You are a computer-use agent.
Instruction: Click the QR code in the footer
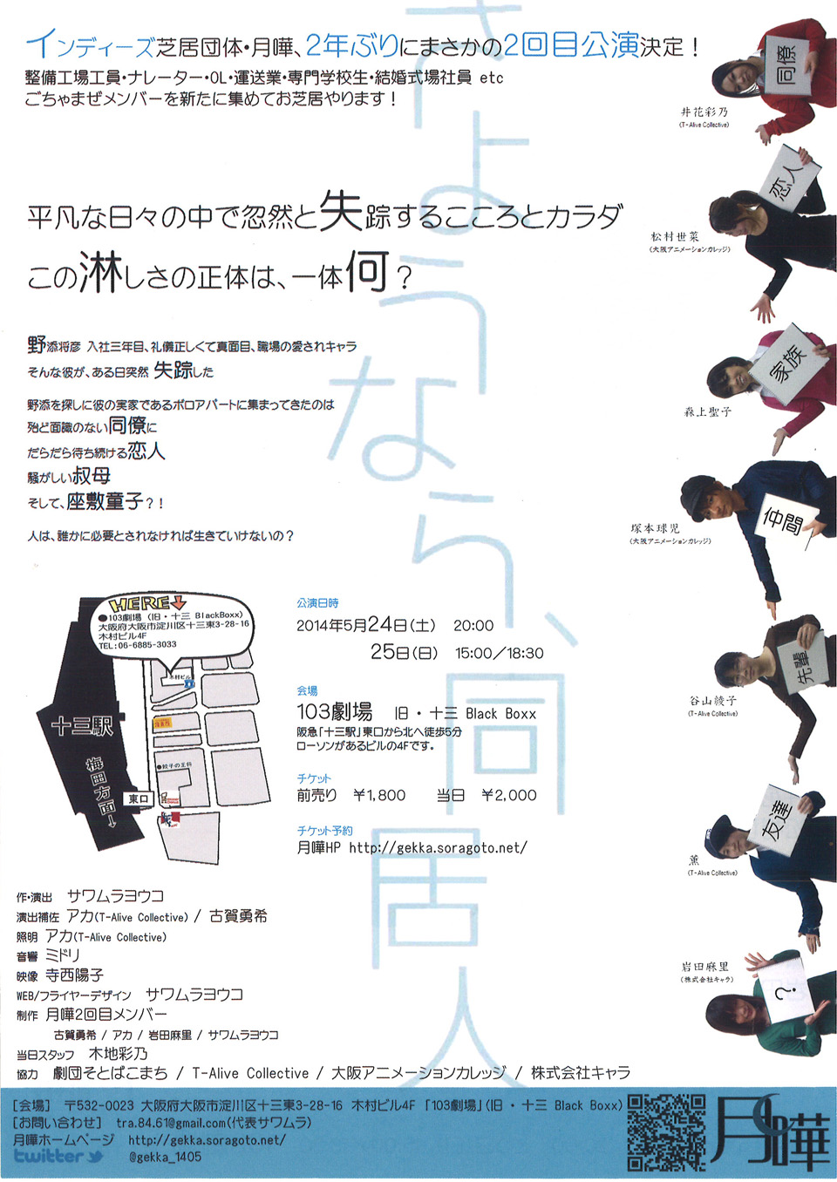click(x=666, y=1131)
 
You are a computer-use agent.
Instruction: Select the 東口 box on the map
click(x=139, y=798)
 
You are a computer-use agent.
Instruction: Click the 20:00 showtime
click(x=473, y=626)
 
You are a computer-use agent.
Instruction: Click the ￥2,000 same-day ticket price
click(x=509, y=795)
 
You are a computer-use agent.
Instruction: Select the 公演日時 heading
click(x=317, y=603)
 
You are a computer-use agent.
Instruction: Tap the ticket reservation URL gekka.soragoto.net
click(x=438, y=847)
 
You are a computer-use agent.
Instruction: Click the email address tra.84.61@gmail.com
click(x=171, y=1123)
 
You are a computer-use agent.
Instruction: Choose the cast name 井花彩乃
click(x=704, y=112)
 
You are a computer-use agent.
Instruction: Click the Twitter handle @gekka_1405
click(x=165, y=1157)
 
